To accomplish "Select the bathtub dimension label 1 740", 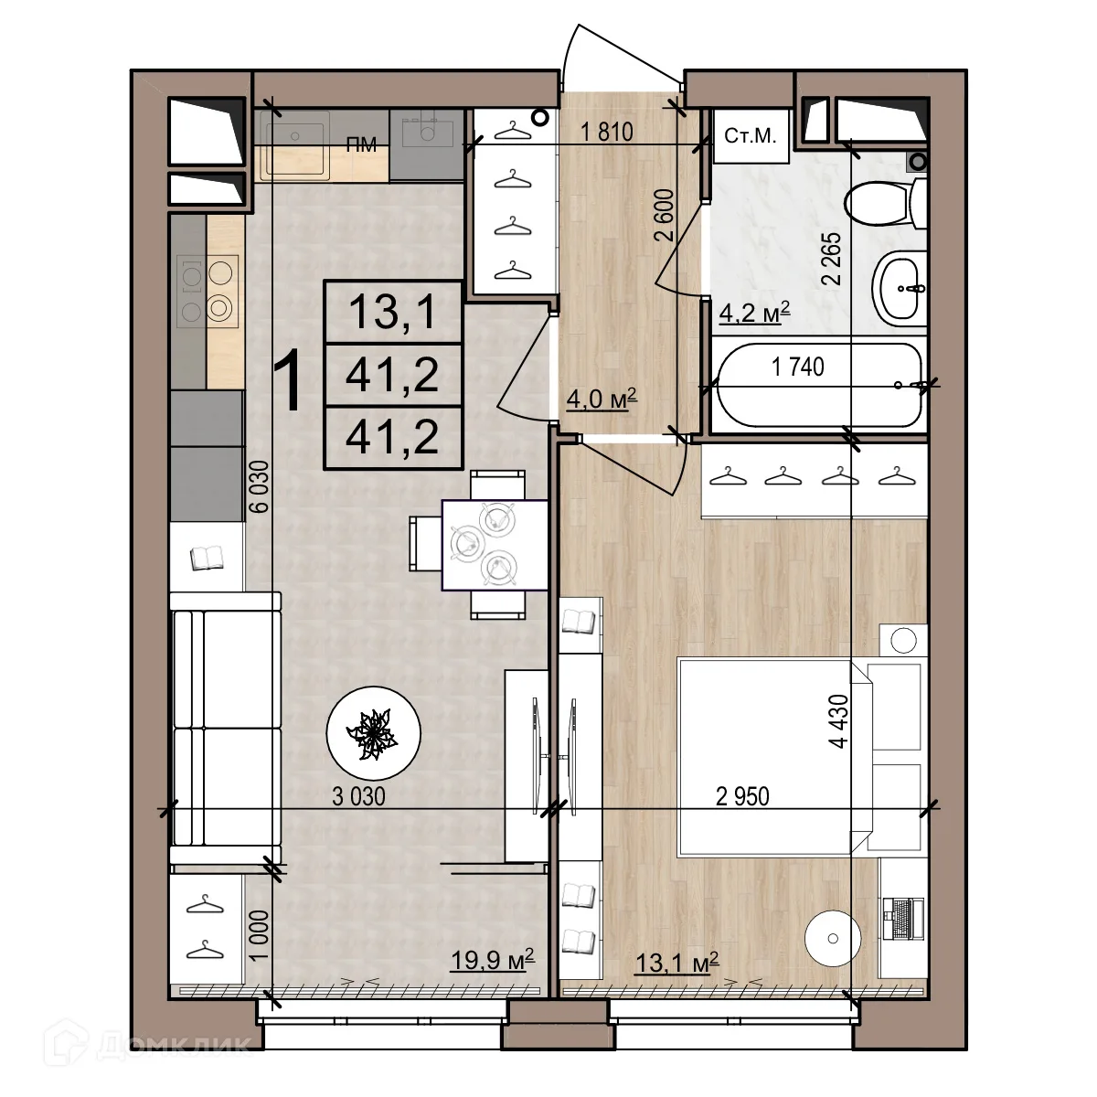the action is point(797,367).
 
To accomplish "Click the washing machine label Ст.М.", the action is point(751,136).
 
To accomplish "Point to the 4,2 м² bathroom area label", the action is point(754,313).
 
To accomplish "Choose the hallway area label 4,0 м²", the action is point(602,399).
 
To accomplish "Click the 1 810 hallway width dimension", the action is point(607,132).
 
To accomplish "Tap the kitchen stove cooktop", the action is point(208,291).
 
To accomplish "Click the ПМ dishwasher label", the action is point(361,144).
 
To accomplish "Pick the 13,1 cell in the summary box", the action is point(393,312).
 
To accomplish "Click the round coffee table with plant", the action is point(374,732).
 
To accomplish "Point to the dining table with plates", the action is point(495,545).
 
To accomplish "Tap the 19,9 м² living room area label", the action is point(493,960).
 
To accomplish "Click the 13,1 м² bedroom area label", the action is point(677,963).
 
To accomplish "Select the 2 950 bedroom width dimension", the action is point(742,796).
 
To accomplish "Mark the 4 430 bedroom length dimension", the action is point(838,720).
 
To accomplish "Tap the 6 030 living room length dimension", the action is point(259,486).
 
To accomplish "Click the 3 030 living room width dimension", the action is point(358,796).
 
